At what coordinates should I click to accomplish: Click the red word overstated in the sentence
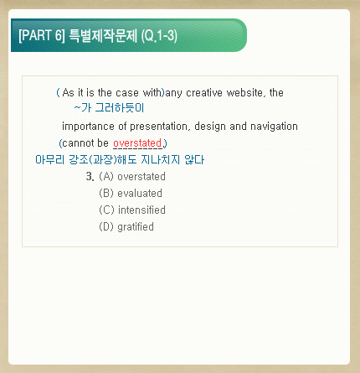coord(137,143)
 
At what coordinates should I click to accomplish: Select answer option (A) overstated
coord(132,176)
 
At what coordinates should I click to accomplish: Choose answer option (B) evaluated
coord(131,193)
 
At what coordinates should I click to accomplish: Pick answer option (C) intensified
coord(132,210)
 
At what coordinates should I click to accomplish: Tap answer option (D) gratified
coord(126,226)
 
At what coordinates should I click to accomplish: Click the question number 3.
coord(90,176)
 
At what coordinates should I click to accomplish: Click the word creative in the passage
coord(204,92)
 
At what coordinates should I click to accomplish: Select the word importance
coord(88,127)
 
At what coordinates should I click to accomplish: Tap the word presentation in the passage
coord(159,127)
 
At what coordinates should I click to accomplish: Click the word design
coord(210,127)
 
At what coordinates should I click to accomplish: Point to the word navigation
coord(274,127)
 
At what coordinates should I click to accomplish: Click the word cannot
coord(77,143)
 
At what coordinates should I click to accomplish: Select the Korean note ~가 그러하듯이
coord(109,108)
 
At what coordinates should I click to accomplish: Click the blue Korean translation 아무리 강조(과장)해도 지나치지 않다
coord(120,160)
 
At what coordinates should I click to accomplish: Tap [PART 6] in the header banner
coord(42,35)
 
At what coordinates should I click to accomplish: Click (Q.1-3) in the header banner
coord(159,36)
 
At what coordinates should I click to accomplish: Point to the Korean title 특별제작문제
coord(103,35)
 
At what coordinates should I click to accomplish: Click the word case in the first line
coord(127,92)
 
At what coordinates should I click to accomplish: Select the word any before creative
coord(174,93)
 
